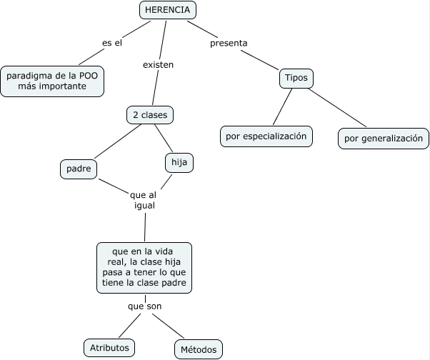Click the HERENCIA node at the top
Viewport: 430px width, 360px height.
167,10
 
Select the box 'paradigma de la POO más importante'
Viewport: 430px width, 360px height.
52,81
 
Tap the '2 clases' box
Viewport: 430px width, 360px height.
149,114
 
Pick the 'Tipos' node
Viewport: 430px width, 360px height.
296,78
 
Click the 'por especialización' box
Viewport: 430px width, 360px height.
266,136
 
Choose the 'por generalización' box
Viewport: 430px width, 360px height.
384,139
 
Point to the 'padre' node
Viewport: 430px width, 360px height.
79,169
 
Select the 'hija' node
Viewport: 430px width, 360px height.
179,163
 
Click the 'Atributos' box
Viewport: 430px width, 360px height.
109,347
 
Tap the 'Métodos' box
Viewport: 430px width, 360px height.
198,349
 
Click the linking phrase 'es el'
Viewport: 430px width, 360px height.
112,43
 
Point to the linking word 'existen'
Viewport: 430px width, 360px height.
159,64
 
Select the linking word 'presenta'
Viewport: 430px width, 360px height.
229,43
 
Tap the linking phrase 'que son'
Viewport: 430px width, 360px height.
144,306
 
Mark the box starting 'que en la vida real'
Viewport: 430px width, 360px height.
144,267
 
